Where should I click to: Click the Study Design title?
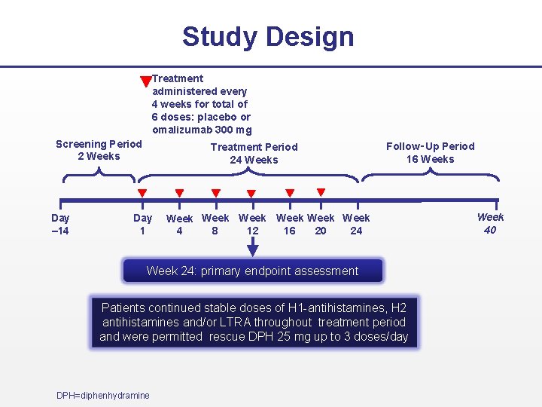click(x=267, y=36)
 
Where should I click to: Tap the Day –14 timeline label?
click(x=60, y=225)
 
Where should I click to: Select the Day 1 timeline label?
click(x=142, y=225)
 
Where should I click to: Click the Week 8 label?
click(x=215, y=225)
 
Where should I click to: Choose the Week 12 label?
click(x=252, y=225)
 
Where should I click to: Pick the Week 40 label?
click(x=490, y=224)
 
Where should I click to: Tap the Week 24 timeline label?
click(x=356, y=225)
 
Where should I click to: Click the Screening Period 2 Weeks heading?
click(x=99, y=150)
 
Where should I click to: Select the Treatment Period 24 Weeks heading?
click(x=254, y=153)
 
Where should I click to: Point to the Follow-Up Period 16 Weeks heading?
click(x=431, y=152)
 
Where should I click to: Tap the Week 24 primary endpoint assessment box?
click(x=253, y=271)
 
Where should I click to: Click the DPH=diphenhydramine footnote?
click(x=103, y=396)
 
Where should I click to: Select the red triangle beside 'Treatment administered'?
click(x=146, y=81)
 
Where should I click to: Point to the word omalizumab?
click(x=182, y=130)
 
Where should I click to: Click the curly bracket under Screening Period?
click(x=99, y=176)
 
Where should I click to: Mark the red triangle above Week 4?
click(x=179, y=193)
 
